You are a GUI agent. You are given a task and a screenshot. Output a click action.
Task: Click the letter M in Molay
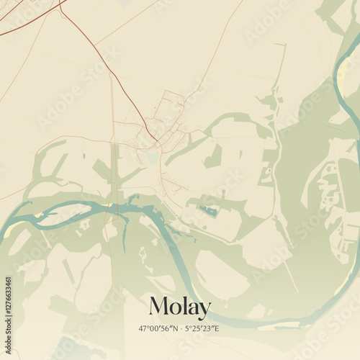click(158, 307)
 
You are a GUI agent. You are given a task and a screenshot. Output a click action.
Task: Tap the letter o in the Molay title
click(174, 310)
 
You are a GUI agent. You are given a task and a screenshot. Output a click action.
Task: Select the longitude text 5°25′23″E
click(201, 328)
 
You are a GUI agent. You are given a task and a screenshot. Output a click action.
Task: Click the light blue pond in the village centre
click(151, 156)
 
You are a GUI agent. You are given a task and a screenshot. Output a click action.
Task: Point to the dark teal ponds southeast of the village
click(210, 211)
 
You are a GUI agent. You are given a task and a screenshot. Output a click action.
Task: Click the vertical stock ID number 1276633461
click(9, 302)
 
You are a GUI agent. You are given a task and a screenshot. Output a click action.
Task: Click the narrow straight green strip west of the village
click(114, 173)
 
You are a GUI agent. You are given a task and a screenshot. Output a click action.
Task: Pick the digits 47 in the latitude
click(143, 328)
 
